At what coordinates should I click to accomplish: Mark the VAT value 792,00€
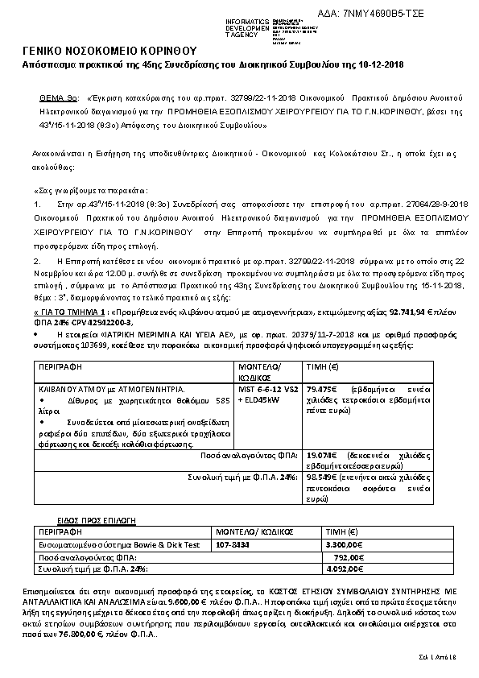tap(349, 556)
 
